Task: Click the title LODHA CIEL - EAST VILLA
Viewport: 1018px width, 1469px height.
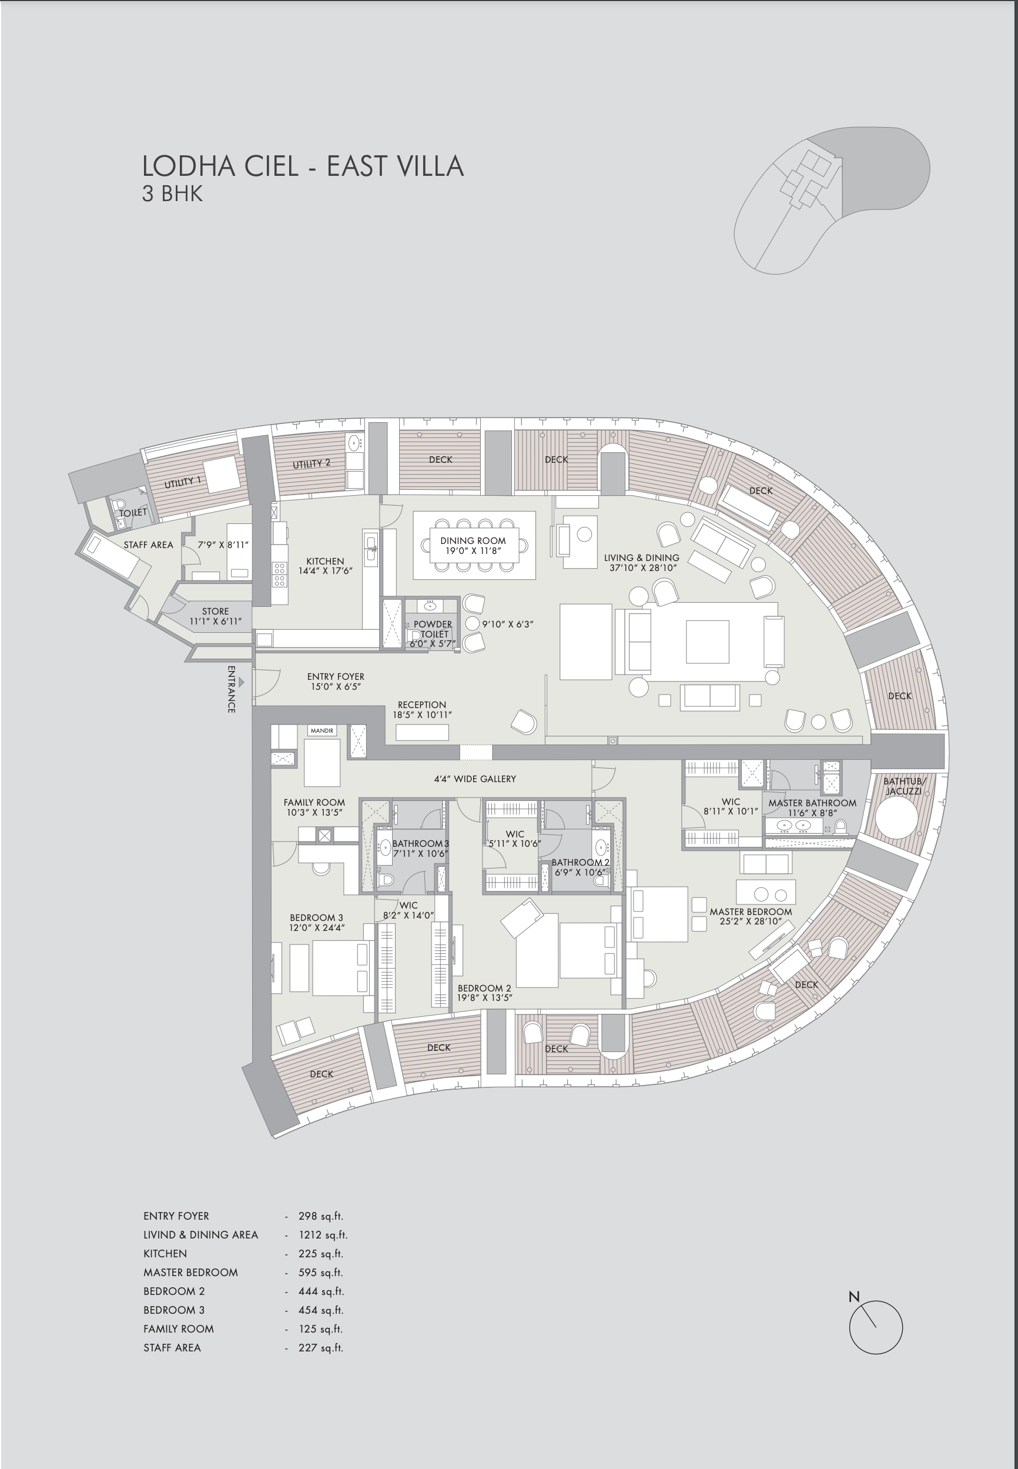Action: pyautogui.click(x=302, y=166)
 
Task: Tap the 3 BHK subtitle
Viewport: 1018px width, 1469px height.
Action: pyautogui.click(x=172, y=193)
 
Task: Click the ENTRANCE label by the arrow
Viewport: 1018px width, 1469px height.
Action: pyautogui.click(x=232, y=689)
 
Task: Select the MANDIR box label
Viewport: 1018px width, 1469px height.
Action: pyautogui.click(x=322, y=730)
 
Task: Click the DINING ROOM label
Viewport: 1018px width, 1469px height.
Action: pyautogui.click(x=473, y=540)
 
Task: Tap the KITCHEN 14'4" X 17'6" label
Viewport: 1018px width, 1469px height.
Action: pyautogui.click(x=325, y=566)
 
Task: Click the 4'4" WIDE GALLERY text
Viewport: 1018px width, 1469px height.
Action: pyautogui.click(x=475, y=779)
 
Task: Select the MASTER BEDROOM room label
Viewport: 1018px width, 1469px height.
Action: pyautogui.click(x=751, y=912)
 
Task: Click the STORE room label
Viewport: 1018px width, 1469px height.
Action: pyautogui.click(x=215, y=612)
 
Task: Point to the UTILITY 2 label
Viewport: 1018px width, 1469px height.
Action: pyautogui.click(x=312, y=463)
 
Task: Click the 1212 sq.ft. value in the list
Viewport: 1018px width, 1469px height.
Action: pyautogui.click(x=323, y=1235)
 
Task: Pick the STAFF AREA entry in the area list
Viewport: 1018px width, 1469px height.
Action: pyautogui.click(x=172, y=1348)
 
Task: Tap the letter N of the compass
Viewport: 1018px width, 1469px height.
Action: pyautogui.click(x=854, y=1297)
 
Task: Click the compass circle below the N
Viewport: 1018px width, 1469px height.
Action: pyautogui.click(x=876, y=1327)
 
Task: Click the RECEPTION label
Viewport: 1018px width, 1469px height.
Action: pyautogui.click(x=421, y=705)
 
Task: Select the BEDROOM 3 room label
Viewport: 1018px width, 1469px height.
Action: pyautogui.click(x=316, y=917)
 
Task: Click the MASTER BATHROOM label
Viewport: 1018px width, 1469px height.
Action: pyautogui.click(x=812, y=803)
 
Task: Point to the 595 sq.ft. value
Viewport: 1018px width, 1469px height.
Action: pyautogui.click(x=321, y=1273)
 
